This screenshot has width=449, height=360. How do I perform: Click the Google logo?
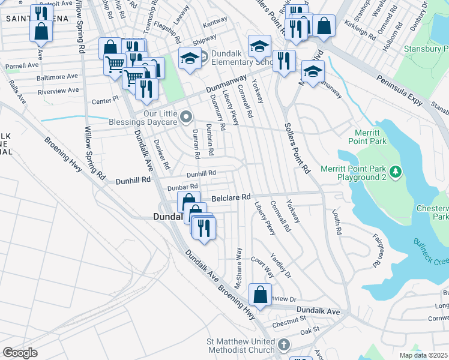20,353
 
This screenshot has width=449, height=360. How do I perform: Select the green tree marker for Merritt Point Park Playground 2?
396,173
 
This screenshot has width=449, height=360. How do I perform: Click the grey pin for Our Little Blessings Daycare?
187,116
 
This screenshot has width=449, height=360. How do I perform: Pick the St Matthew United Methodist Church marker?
284,345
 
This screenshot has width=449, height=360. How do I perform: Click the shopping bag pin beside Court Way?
260,295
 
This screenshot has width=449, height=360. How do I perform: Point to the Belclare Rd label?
231,197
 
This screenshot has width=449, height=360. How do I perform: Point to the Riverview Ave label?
58,91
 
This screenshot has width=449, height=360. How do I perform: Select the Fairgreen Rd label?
378,250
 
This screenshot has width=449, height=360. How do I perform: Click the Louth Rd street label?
337,221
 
